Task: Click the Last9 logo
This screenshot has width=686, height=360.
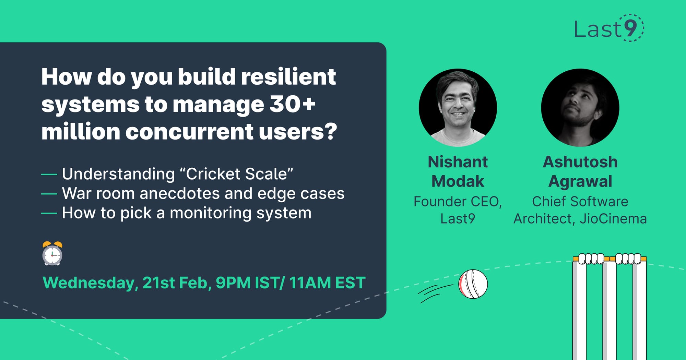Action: click(x=608, y=28)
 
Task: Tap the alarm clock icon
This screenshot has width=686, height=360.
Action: click(x=52, y=254)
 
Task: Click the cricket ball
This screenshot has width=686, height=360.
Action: click(x=473, y=284)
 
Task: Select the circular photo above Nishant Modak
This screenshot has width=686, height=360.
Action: click(x=458, y=108)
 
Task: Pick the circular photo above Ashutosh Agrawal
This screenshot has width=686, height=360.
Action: click(x=580, y=108)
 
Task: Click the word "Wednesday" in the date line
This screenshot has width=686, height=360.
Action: click(x=90, y=283)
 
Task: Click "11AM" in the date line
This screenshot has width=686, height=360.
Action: click(x=310, y=283)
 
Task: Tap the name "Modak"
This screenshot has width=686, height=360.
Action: click(x=458, y=181)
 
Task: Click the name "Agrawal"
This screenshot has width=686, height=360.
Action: click(x=580, y=181)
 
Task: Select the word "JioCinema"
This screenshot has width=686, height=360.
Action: click(x=613, y=219)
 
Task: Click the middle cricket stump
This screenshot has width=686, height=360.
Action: click(x=610, y=309)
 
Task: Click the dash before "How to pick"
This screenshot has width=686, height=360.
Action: click(x=49, y=213)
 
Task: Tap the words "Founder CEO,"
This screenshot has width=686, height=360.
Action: click(x=458, y=202)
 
